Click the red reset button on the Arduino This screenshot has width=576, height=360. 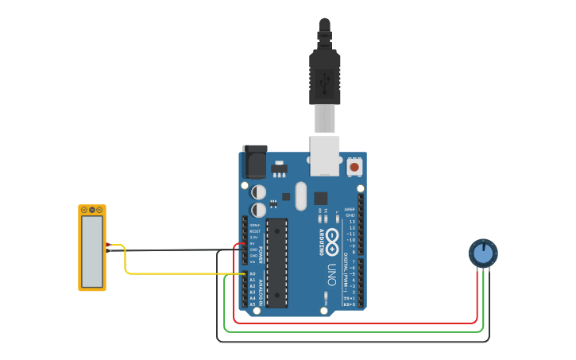click(x=354, y=167)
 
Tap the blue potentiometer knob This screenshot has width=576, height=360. click(x=482, y=254)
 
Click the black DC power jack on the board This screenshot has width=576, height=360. click(x=254, y=162)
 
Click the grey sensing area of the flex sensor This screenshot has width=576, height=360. click(x=92, y=252)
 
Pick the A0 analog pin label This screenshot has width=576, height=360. click(x=253, y=273)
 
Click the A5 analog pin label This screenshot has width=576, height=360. click(x=253, y=304)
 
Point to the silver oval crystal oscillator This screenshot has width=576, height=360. click(x=300, y=195)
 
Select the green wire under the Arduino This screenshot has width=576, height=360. click(x=350, y=331)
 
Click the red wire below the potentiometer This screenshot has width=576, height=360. click(x=477, y=302)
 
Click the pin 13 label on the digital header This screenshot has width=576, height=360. click(x=350, y=222)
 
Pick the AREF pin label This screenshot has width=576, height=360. click(x=349, y=210)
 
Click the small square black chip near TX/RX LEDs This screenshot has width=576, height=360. click(x=320, y=198)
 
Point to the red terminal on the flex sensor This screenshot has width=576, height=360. click(x=108, y=245)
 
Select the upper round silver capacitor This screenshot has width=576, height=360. click(x=259, y=192)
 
